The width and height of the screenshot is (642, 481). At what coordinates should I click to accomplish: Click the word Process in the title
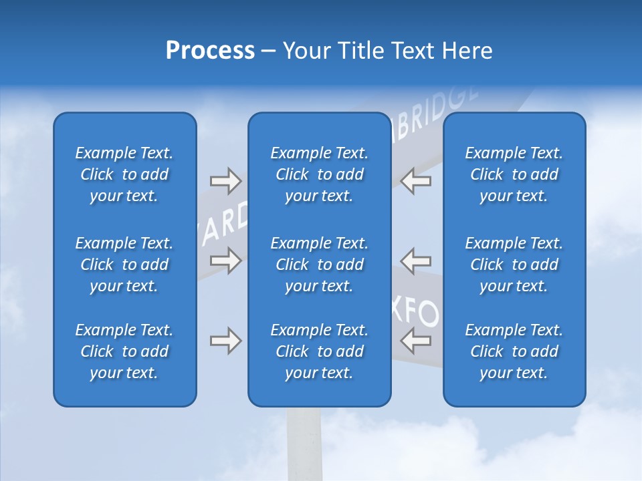coord(210,51)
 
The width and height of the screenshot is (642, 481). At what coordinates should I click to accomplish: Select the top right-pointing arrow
coord(225,181)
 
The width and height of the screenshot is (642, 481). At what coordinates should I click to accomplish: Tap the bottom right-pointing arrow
coord(225,341)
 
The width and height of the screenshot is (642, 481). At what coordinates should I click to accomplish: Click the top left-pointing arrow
coord(416,181)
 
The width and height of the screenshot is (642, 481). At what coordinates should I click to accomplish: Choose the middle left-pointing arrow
coord(416,261)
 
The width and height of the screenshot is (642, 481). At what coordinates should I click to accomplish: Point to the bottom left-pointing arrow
coord(416,341)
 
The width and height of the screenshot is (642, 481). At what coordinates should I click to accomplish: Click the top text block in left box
coord(124,174)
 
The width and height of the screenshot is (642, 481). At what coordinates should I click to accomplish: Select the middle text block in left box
coord(124,265)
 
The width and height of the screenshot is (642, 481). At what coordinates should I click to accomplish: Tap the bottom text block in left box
coord(124,351)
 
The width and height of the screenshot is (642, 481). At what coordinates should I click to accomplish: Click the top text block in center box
coord(319,174)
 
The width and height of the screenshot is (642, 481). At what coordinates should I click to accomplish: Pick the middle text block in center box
coord(319,265)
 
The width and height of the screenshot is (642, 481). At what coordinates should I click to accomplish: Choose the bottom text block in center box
coord(319,351)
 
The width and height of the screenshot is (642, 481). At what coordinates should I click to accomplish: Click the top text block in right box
coord(514,174)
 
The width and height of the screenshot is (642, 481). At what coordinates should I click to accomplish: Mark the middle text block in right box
coord(514,265)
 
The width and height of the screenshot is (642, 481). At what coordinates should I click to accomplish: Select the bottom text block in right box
coord(514,351)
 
